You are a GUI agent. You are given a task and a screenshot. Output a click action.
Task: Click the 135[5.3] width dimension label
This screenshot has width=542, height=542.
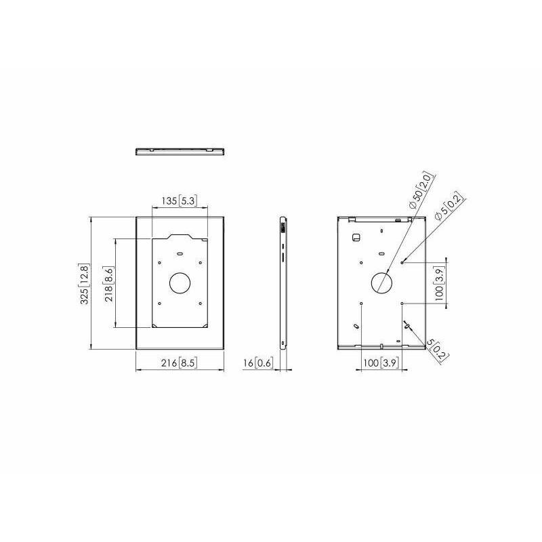(180, 201)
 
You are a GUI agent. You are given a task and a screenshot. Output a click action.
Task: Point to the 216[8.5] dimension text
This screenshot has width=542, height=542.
(180, 363)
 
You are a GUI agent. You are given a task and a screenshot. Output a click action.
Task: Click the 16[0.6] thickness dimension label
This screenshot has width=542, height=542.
(258, 363)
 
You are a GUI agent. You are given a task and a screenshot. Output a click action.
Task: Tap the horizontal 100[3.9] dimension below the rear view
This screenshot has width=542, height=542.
(381, 363)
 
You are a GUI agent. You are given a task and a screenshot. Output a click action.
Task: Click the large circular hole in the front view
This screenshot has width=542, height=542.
(180, 282)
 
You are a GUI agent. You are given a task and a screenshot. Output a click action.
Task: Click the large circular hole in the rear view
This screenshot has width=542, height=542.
(382, 282)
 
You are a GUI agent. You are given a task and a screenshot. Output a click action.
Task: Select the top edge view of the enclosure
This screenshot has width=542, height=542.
(180, 150)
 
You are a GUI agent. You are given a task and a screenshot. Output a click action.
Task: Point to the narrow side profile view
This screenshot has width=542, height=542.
(283, 283)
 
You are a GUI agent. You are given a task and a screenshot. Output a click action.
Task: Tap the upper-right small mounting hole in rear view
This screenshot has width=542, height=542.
(403, 262)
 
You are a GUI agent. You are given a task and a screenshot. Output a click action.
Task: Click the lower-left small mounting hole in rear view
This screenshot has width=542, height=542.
(362, 303)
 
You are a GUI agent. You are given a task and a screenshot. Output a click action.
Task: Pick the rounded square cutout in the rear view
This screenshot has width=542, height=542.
(356, 237)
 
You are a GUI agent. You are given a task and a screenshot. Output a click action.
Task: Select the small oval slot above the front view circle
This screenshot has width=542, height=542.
(180, 253)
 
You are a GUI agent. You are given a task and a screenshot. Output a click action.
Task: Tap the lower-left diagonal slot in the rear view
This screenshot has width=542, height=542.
(356, 326)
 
